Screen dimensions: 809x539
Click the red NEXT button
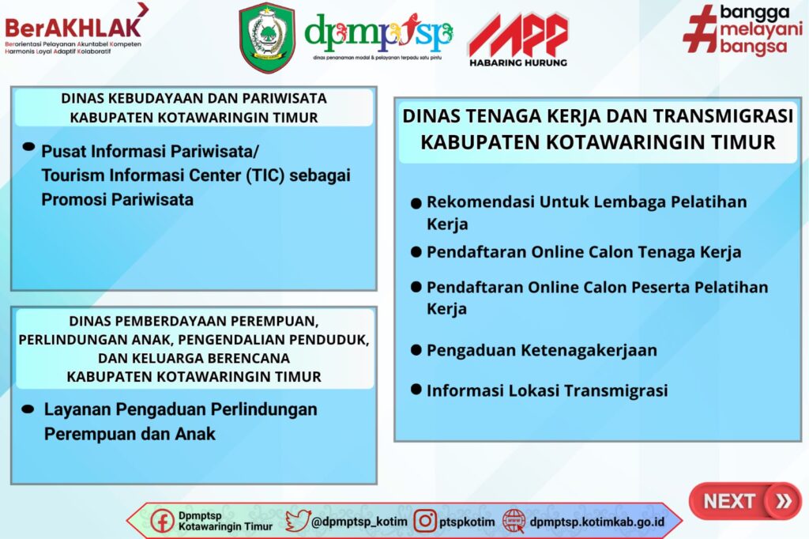745,501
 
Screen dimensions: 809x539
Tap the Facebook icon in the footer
162,521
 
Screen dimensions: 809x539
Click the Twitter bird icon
298,521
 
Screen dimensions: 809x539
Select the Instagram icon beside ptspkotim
425,521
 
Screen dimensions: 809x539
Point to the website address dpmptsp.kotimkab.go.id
597,522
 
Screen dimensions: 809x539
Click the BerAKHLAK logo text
73,28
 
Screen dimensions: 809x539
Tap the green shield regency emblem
267,38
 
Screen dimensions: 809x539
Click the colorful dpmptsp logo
378,34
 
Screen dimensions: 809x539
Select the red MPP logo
518,34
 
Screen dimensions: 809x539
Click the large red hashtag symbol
701,29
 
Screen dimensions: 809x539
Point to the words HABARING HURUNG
518,62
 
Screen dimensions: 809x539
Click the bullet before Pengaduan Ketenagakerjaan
416,350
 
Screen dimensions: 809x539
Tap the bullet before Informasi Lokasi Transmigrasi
416,390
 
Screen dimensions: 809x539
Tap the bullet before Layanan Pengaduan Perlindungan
28,409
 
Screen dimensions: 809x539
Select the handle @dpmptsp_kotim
359,522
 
